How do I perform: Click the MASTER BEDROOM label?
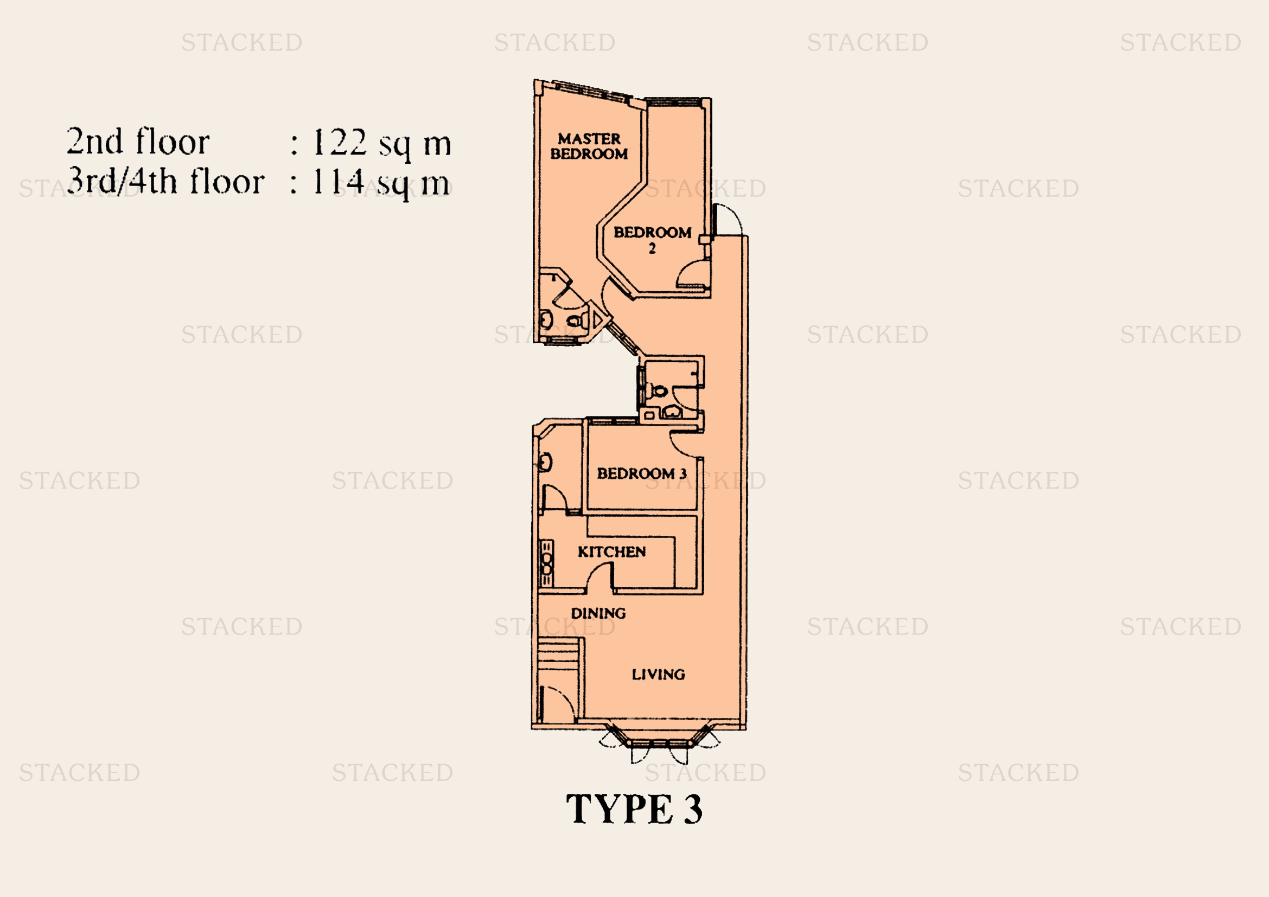(x=589, y=146)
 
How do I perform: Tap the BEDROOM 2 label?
(x=652, y=239)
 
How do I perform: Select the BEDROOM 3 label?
(x=642, y=473)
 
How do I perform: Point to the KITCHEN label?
(x=612, y=551)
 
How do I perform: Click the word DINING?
(x=598, y=613)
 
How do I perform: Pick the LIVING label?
(x=658, y=674)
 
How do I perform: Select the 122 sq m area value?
(x=382, y=144)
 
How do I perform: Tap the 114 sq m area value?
(x=381, y=183)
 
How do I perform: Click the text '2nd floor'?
(x=138, y=142)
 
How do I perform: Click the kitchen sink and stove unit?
(x=546, y=563)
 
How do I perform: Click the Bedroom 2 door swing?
(x=691, y=273)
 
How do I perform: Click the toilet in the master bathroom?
(x=575, y=320)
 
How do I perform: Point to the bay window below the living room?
(x=659, y=741)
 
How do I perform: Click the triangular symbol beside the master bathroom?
(x=597, y=319)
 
